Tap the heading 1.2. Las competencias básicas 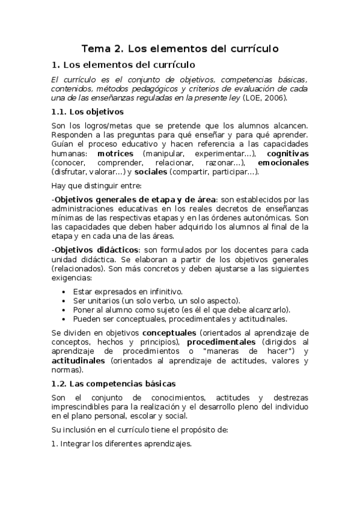tap(113, 382)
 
